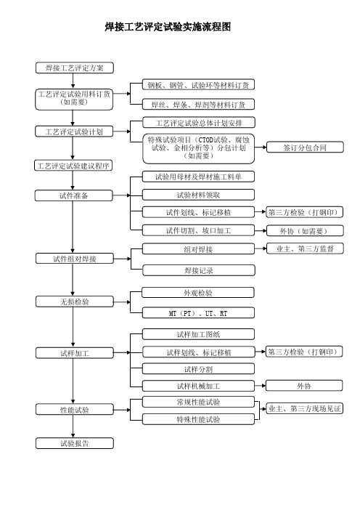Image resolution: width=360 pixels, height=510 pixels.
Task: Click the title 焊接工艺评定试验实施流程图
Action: coord(168,27)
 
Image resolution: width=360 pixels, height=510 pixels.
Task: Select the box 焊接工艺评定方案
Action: coord(75,68)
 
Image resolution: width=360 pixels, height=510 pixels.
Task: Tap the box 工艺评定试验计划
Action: coord(74,131)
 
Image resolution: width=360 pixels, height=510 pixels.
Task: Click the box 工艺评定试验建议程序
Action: coord(73,166)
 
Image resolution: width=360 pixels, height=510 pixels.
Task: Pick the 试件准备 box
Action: coord(74,196)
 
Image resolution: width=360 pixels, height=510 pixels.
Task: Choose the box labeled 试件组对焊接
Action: coord(75,259)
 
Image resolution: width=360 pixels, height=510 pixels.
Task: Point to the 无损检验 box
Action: coord(75,301)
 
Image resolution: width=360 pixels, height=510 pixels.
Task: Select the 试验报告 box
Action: coord(75,443)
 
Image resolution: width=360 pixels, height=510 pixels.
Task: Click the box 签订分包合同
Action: coord(305,147)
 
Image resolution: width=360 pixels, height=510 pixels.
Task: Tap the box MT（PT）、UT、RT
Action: coord(198,313)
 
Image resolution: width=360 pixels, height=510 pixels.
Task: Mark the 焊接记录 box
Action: coord(199,270)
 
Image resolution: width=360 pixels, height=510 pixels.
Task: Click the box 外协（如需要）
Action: coord(305,231)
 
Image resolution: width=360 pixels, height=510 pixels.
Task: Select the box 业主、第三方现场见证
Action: coord(304,408)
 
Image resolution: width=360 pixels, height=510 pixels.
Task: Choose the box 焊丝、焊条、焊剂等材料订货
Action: coord(198,105)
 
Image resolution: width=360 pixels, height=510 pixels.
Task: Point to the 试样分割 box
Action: coord(198,369)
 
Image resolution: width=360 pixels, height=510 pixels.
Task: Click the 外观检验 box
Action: coord(198,293)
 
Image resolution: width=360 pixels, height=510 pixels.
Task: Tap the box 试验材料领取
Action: coord(198,195)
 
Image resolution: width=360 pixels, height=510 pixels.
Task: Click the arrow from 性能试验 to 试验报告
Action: coord(73,426)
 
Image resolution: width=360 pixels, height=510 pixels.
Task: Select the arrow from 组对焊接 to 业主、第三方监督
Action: coord(261,248)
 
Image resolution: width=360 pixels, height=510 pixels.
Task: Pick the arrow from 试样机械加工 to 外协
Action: coord(261,386)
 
